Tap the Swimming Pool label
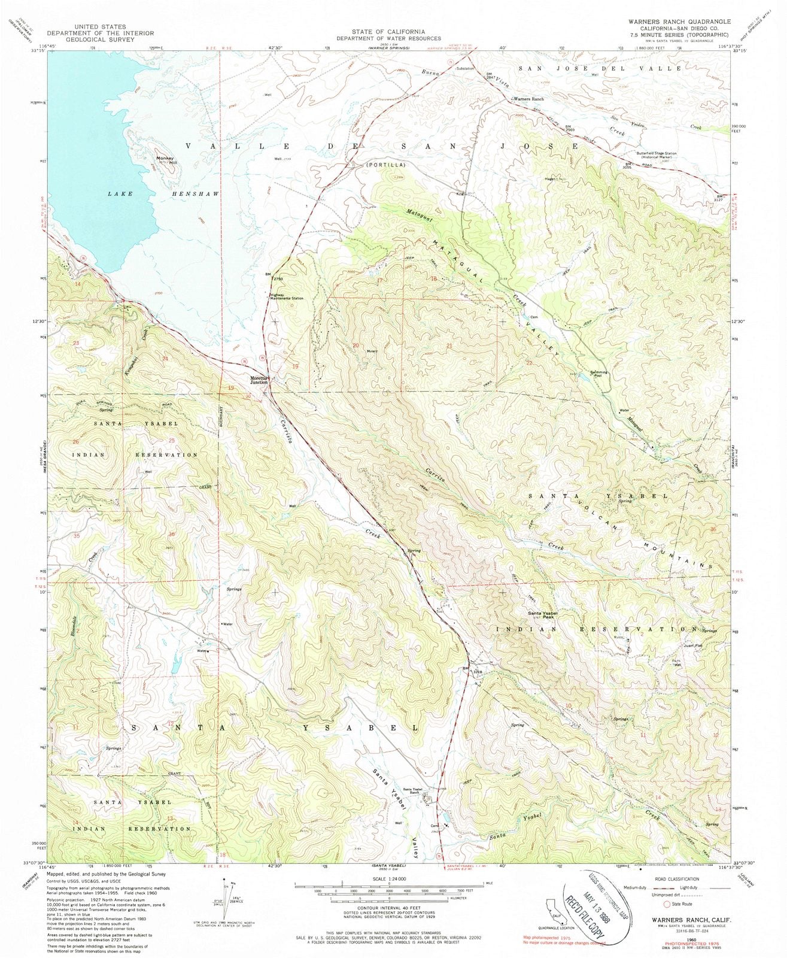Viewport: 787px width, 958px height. pos(599,374)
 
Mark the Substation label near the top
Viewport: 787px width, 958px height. pos(465,68)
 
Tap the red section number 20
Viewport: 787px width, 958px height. pos(355,345)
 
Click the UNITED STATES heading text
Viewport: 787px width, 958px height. pos(100,27)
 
